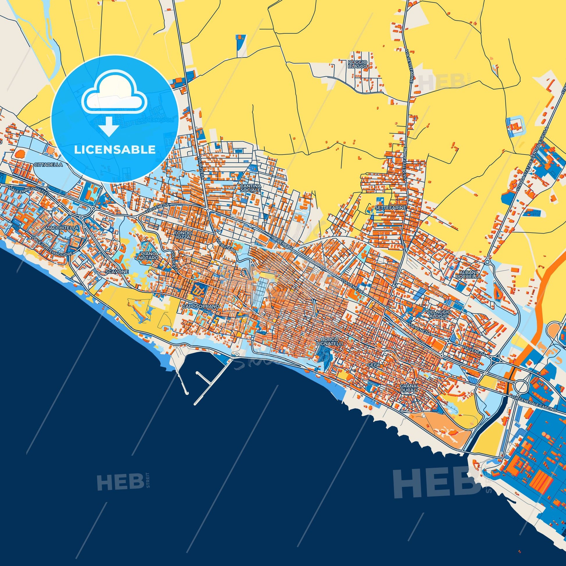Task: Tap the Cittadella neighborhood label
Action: pyautogui.click(x=48, y=165)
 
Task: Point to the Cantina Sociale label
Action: pyautogui.click(x=250, y=188)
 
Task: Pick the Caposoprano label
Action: pyautogui.click(x=201, y=306)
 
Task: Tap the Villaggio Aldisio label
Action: pyautogui.click(x=439, y=314)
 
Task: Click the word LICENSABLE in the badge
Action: pyautogui.click(x=115, y=150)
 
